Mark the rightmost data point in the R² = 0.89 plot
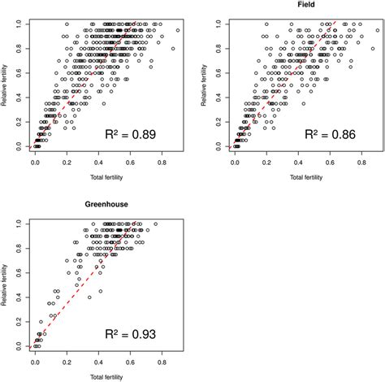pos(178,30)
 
